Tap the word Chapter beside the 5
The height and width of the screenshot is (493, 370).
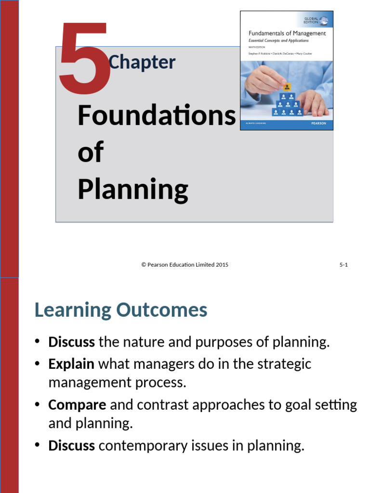(x=142, y=63)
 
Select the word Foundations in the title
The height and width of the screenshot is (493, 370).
(x=157, y=116)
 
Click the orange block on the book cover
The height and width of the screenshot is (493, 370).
(x=287, y=87)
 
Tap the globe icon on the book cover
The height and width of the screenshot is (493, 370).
(x=324, y=21)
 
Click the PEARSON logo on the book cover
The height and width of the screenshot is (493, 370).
(x=318, y=124)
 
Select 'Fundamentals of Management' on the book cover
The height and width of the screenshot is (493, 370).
(x=287, y=34)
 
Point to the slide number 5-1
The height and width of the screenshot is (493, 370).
(x=344, y=265)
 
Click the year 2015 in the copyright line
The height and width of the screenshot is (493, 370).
(x=222, y=265)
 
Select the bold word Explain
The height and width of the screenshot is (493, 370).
(x=71, y=363)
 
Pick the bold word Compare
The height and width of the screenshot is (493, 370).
(x=77, y=405)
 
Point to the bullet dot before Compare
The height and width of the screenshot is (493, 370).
(x=38, y=405)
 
